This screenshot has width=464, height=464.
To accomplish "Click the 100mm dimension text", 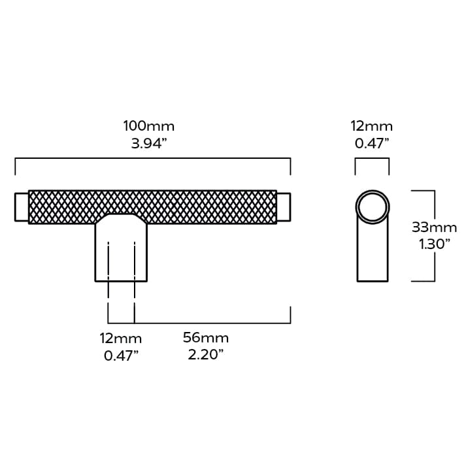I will tap(149, 126).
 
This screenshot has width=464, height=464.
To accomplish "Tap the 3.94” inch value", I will tap(149, 144).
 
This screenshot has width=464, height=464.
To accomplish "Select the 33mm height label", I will tap(434, 227).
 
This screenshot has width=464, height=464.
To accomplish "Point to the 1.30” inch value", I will tap(434, 244).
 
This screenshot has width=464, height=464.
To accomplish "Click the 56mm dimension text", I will tap(205, 338).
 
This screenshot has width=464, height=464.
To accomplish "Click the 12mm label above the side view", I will tap(372, 126).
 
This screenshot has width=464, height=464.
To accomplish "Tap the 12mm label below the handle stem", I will tap(121, 339).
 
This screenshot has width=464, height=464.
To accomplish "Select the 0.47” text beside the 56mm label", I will tap(121, 356).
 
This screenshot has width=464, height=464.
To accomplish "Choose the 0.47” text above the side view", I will tap(372, 143).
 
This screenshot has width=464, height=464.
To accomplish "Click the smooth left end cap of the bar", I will tap(22, 207).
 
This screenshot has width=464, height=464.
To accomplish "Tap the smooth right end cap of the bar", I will tap(284, 207).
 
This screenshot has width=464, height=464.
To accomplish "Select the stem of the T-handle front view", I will tap(121, 252).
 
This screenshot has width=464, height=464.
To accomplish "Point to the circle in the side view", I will tap(372, 207).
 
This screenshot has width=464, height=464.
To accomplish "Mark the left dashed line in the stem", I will tap(108, 261).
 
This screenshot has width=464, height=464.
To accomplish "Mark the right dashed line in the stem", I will tap(135, 261).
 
